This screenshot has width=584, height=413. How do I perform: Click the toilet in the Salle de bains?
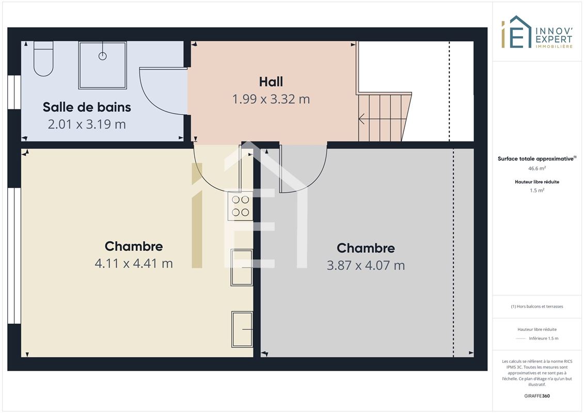pos(43,58)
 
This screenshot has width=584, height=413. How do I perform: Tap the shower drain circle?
pos(102,56)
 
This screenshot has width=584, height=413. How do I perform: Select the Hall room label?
pos(271,82)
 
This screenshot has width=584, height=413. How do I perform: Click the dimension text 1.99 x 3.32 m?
pos(271,100)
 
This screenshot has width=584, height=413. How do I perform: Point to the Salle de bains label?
pos(87,107)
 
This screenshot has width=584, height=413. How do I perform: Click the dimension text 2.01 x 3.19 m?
pos(87,124)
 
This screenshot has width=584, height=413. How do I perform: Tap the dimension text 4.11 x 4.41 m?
pos(134,264)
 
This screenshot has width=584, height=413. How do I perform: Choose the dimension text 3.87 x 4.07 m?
pos(366,265)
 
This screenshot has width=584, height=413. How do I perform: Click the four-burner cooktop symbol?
pos(240,206)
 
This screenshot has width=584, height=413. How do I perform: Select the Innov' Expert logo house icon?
pos(516,32)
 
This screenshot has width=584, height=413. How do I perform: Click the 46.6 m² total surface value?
pos(536,168)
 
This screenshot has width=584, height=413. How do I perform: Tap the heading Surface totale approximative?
pos(535,158)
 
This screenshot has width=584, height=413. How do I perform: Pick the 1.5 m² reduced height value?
pos(536,190)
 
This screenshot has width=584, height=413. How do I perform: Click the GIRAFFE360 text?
pos(536,396)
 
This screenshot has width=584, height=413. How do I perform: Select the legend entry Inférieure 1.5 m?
pos(543,339)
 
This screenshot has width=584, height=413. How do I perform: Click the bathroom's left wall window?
pos(14,92)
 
